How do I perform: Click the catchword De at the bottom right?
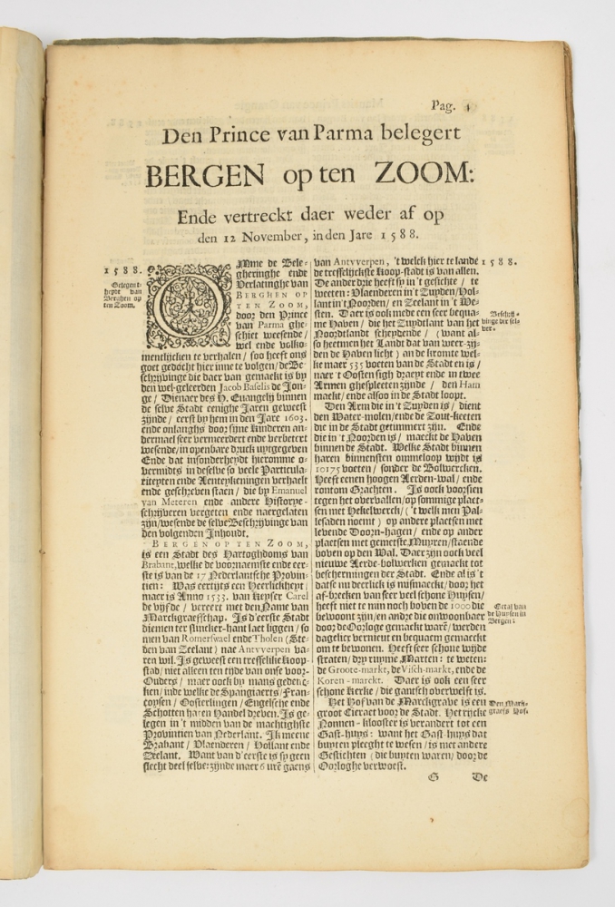(478, 778)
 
